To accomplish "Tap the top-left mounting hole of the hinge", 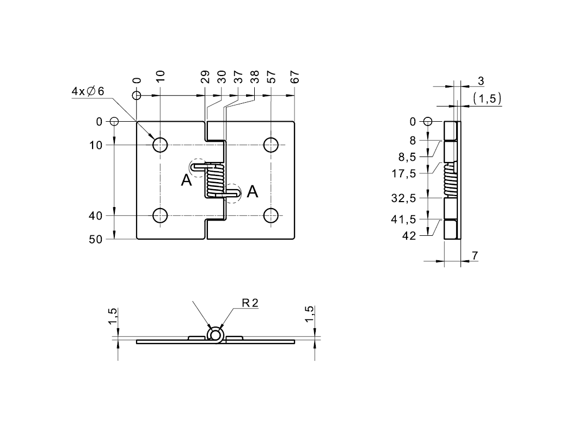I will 160,145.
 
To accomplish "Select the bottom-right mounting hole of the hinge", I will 271,216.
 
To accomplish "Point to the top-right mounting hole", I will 271,145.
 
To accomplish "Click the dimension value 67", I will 294,77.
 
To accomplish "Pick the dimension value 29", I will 205,77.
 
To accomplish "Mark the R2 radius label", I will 250,303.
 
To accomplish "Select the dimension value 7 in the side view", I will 475,255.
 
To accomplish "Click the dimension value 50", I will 95,240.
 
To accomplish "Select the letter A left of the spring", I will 186,181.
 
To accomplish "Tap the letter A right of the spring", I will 253,191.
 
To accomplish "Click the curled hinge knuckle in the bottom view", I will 216,334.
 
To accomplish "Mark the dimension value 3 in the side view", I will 481,81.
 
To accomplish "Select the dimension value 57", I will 271,77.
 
